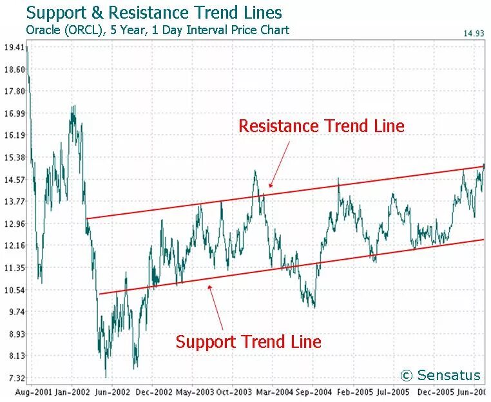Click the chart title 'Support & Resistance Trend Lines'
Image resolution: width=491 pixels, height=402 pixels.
154,12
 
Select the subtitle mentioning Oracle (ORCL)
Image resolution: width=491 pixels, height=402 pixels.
157,30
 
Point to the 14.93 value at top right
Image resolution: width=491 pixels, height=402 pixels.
472,33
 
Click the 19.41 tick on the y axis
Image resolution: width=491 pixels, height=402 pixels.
14,47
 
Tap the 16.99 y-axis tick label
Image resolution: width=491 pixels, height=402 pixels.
14,113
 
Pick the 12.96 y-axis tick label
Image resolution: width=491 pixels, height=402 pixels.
14,224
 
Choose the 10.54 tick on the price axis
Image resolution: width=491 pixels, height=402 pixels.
14,290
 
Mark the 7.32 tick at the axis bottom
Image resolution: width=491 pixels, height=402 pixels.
14,378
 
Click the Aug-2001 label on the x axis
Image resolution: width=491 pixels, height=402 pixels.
32,391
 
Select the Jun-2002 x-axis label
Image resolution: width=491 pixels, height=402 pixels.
112,391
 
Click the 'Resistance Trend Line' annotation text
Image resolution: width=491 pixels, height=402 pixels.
322,126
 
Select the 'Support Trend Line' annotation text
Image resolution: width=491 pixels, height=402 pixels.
248,341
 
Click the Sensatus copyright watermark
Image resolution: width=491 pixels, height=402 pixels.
440,376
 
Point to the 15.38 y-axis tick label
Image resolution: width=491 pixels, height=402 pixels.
14,157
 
